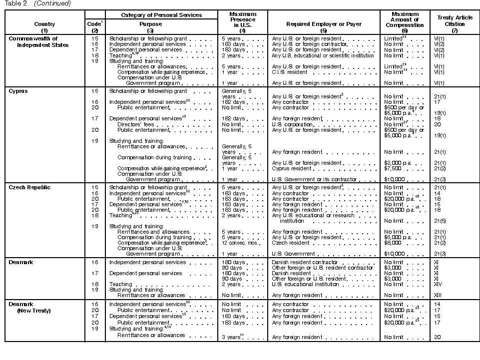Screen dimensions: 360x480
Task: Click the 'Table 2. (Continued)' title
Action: click(37, 3)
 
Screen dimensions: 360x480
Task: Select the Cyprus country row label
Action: click(18, 91)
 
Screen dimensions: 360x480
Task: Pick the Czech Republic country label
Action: click(28, 187)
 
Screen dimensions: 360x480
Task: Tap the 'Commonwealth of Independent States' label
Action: click(38, 41)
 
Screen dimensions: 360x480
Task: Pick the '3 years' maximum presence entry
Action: click(232, 338)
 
